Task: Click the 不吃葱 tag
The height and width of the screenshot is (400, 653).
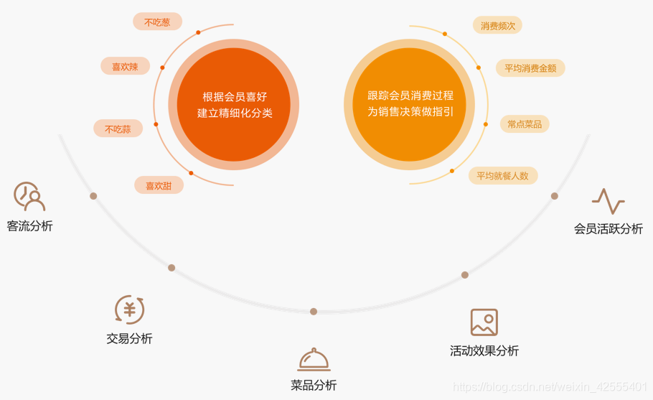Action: tap(157, 22)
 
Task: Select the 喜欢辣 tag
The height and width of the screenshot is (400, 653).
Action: tap(125, 67)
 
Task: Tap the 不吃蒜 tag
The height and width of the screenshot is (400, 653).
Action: tap(118, 129)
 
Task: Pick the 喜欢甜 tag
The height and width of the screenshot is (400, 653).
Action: tap(159, 186)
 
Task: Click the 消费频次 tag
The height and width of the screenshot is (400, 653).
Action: tap(498, 26)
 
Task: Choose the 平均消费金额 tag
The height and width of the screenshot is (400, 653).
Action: tap(530, 68)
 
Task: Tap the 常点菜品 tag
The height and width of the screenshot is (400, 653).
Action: tap(524, 124)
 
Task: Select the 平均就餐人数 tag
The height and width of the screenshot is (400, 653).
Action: tap(502, 175)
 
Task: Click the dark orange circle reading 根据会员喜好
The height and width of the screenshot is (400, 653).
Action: tap(234, 105)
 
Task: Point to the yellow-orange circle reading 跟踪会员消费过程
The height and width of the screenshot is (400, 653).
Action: tap(410, 105)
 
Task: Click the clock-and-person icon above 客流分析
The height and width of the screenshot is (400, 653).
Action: tap(29, 196)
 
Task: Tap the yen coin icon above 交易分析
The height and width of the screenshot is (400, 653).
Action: tap(130, 310)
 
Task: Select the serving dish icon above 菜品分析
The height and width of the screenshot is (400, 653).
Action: tap(314, 359)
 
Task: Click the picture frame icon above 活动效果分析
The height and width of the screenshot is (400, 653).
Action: tap(484, 322)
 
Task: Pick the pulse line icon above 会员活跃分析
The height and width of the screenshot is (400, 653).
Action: tap(608, 201)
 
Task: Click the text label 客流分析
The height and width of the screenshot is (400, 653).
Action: tap(29, 226)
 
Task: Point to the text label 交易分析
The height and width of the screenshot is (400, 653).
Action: tap(129, 339)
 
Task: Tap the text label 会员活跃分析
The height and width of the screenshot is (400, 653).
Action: tap(608, 229)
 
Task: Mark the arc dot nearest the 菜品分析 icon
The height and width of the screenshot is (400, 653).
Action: tap(314, 311)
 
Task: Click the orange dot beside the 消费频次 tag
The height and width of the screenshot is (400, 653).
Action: tap(445, 34)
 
